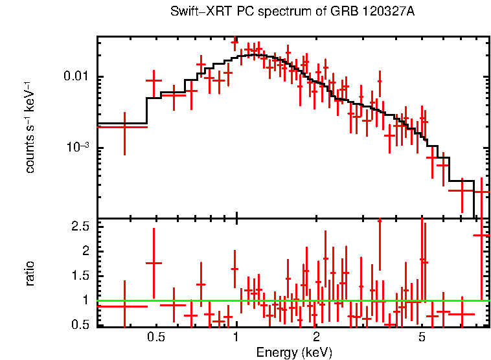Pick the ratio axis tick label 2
click(x=86, y=251)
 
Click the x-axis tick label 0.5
click(x=155, y=337)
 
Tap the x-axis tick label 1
click(x=236, y=337)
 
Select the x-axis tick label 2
click(x=316, y=337)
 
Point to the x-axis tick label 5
click(x=422, y=337)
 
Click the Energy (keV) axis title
click(x=294, y=352)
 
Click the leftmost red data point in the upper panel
click(x=124, y=128)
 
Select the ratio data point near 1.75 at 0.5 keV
click(x=154, y=263)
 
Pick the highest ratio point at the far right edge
click(x=482, y=235)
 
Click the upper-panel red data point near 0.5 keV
click(x=154, y=80)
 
